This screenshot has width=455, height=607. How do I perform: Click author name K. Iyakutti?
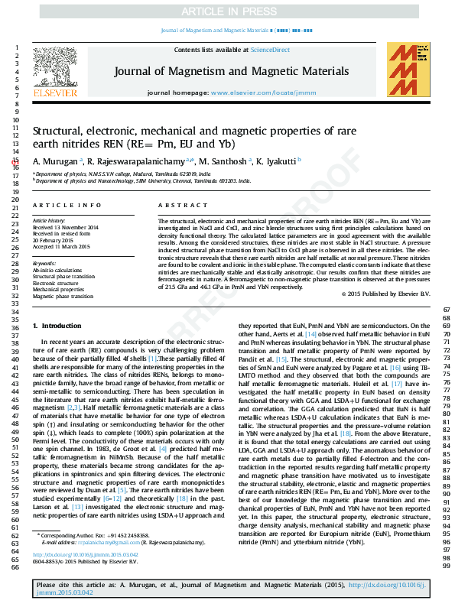point(276,161)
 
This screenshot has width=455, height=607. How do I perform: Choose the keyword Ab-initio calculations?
point(57,270)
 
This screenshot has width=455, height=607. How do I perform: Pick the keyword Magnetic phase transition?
point(63,296)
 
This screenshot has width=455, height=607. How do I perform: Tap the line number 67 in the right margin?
point(446,310)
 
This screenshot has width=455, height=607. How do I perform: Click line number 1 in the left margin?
point(16,48)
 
